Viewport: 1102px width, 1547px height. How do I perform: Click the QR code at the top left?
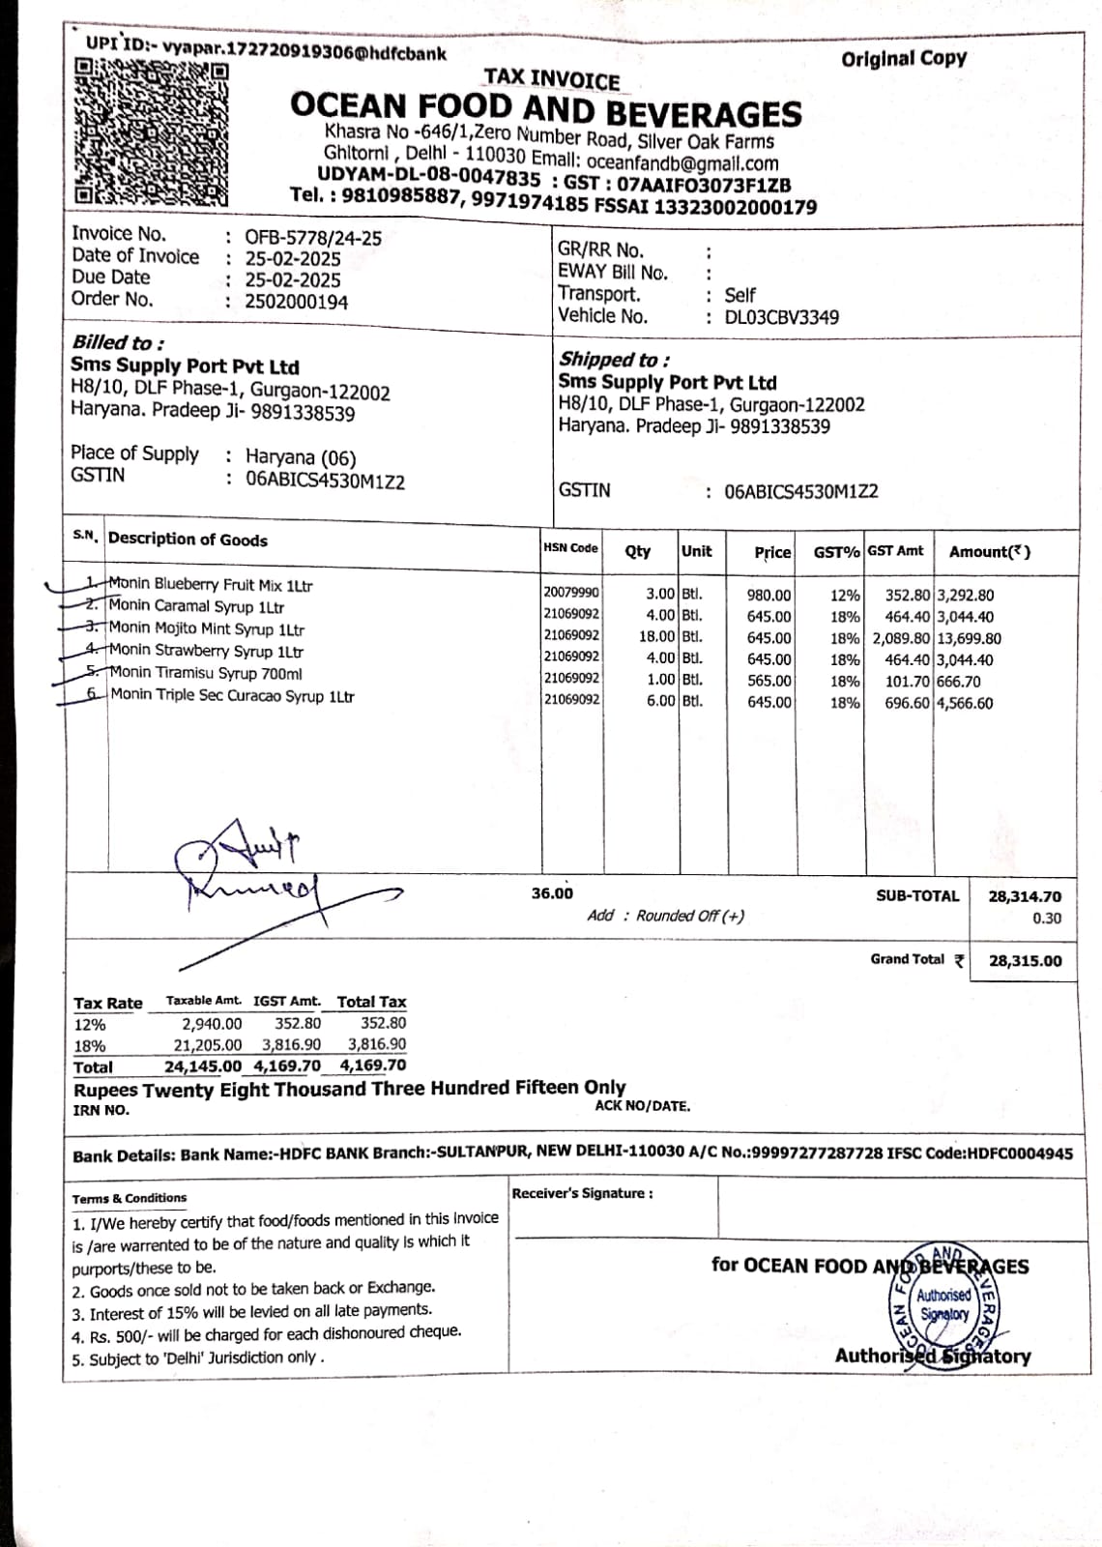click(x=152, y=133)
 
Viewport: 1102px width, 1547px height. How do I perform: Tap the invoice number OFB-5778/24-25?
click(x=312, y=237)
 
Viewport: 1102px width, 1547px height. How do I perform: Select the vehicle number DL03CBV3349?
click(x=781, y=317)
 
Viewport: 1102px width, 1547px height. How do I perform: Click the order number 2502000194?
click(x=296, y=302)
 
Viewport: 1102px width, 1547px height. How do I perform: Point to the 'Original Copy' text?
click(x=903, y=58)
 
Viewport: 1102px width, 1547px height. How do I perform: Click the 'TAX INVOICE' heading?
click(x=551, y=79)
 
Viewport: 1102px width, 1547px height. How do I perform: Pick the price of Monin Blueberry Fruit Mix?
click(x=768, y=596)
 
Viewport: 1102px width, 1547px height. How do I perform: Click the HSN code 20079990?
click(x=570, y=592)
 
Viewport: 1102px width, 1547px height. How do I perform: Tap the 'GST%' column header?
click(x=836, y=552)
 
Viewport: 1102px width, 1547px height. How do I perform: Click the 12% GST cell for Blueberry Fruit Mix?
click(x=845, y=596)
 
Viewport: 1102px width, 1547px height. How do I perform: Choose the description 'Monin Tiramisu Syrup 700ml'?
click(x=205, y=673)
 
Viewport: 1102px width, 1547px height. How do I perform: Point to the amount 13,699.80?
click(x=969, y=638)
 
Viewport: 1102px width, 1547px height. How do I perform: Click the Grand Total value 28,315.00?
click(x=1025, y=961)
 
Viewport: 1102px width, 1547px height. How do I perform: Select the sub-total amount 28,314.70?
click(x=1024, y=897)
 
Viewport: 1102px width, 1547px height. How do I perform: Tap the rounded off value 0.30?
click(x=1046, y=919)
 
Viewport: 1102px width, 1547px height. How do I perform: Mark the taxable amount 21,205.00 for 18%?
click(x=207, y=1045)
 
